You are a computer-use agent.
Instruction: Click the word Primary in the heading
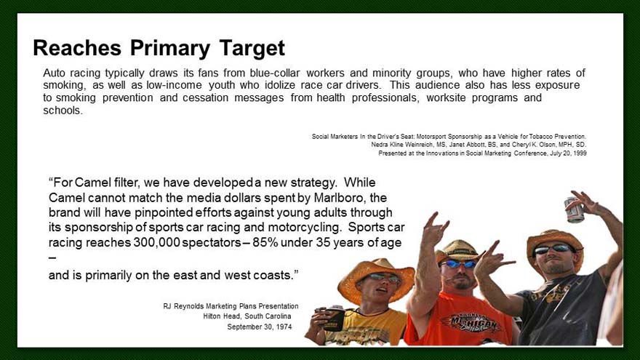[170, 48]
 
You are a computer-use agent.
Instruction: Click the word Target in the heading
[252, 48]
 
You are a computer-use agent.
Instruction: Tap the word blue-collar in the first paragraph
[275, 73]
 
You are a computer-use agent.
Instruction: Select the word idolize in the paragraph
[281, 85]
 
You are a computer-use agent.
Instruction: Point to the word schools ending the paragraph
[63, 111]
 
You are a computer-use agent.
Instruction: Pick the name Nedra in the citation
[379, 145]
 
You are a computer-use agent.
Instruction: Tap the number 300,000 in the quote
[157, 242]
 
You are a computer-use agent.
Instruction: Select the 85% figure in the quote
[265, 242]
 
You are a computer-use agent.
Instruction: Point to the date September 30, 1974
[260, 327]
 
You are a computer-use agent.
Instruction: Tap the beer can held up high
[575, 209]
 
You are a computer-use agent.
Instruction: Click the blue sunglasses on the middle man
[458, 264]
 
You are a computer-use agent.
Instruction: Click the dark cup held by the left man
[335, 318]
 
